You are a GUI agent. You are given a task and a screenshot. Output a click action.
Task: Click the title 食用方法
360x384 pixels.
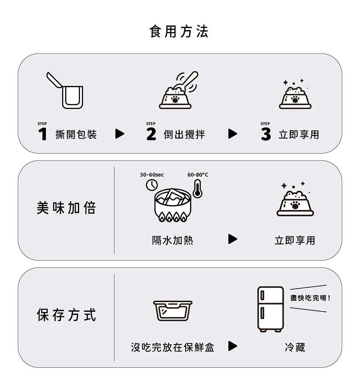click(x=179, y=32)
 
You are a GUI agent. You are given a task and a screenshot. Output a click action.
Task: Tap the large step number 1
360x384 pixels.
click(x=43, y=134)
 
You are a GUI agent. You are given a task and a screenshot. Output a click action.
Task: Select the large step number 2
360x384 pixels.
click(x=151, y=134)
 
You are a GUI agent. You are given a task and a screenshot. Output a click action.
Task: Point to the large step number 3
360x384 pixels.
click(x=266, y=134)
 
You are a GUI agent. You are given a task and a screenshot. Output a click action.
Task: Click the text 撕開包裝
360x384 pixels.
click(x=76, y=134)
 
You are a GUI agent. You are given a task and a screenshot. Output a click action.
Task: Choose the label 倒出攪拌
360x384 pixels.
click(x=184, y=134)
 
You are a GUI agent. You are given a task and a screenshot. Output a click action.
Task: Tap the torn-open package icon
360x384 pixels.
click(x=65, y=90)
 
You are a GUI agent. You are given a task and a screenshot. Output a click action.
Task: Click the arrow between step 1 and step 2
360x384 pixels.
click(x=120, y=134)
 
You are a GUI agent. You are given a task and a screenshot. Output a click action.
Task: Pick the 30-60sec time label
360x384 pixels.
click(x=152, y=175)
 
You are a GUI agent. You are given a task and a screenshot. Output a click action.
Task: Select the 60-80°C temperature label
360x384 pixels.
click(x=198, y=175)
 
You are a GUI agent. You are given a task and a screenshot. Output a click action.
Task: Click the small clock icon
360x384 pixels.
click(x=152, y=185)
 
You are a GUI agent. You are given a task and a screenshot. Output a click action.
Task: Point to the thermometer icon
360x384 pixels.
click(x=198, y=188)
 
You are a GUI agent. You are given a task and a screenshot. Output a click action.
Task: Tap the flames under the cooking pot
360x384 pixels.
click(x=173, y=217)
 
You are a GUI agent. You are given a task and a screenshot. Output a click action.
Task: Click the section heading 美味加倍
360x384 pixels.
click(x=66, y=208)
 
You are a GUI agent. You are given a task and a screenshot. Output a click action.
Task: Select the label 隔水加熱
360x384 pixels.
click(x=172, y=240)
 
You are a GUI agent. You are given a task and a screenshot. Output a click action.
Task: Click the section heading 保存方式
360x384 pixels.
click(x=66, y=315)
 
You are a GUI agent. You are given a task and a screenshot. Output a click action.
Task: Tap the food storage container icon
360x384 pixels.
click(x=173, y=310)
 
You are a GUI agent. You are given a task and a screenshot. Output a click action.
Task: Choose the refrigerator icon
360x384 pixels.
click(x=270, y=309)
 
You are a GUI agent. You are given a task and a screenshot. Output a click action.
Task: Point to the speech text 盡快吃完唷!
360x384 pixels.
click(x=310, y=298)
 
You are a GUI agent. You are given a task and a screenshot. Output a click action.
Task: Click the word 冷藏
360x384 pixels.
click(x=295, y=347)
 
